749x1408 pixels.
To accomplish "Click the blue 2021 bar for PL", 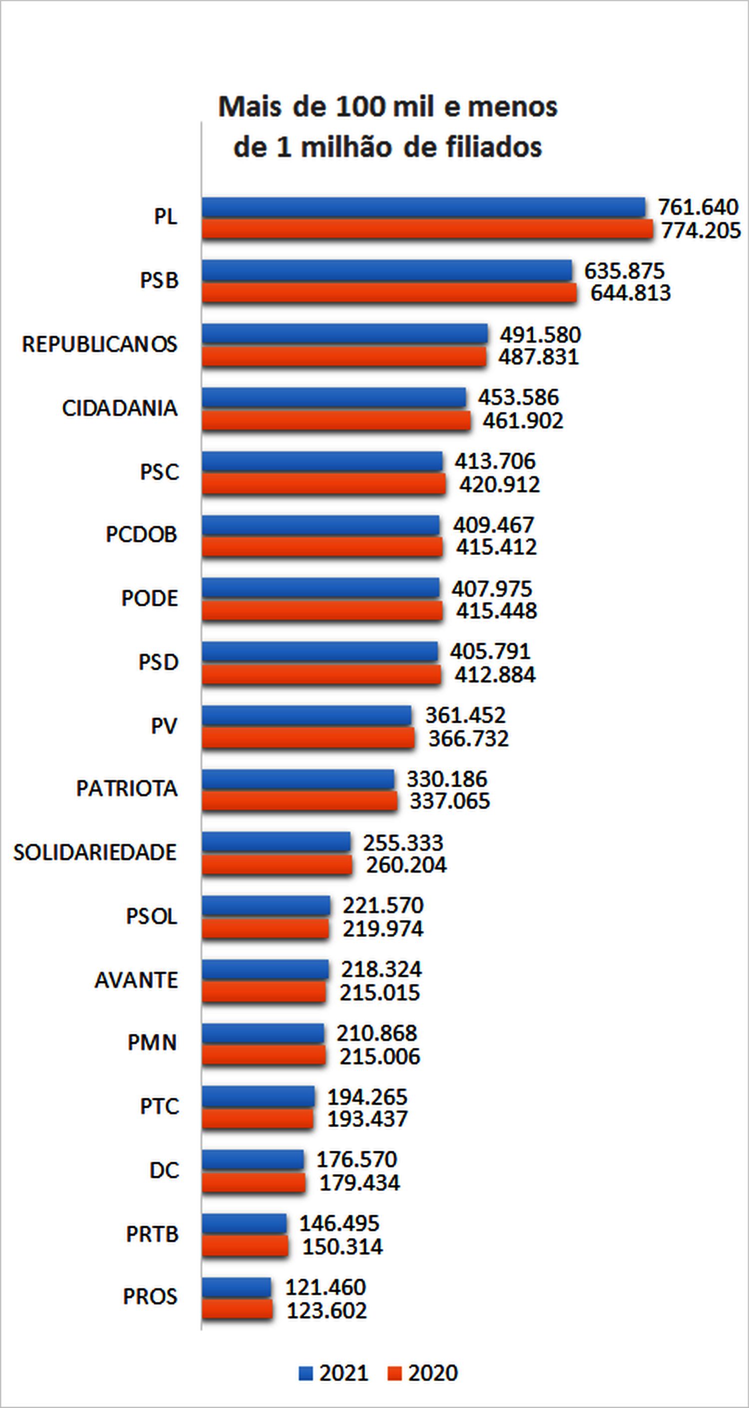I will (x=423, y=208).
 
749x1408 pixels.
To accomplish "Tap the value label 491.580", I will (x=540, y=335).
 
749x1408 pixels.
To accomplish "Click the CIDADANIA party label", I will (x=120, y=408).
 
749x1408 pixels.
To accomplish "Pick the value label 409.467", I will (x=493, y=525).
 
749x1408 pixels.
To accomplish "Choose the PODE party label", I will (x=149, y=598).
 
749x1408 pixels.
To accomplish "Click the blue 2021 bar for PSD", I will (x=320, y=651).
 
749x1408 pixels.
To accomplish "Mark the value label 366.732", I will (x=468, y=738).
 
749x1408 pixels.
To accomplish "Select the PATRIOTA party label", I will (x=127, y=789).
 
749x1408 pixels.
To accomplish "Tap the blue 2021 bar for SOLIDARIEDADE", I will (x=276, y=842).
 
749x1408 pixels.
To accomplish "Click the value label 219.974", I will (x=382, y=929).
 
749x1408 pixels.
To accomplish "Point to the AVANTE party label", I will (x=136, y=980).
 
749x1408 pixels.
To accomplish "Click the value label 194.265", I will (x=367, y=1097).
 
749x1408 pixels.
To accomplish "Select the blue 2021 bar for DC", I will (x=252, y=1159).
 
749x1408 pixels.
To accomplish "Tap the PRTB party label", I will (x=152, y=1234).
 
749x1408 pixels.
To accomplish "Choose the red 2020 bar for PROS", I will (x=237, y=1310).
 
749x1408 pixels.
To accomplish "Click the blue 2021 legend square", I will (x=306, y=1373).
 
